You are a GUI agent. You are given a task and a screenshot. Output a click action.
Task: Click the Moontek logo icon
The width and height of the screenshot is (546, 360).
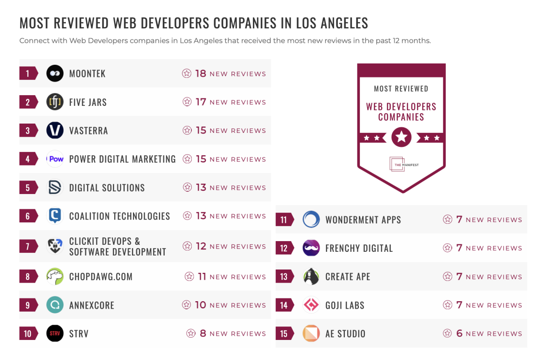coord(55,74)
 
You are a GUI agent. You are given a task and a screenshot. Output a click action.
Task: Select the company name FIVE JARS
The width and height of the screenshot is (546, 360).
coord(88,102)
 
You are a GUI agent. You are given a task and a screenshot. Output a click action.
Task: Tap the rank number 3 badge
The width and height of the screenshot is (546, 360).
coord(28,131)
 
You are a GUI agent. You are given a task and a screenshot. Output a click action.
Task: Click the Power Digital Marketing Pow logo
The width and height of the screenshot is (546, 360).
coord(55,159)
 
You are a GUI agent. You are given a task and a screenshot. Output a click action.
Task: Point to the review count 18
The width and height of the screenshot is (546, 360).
coord(201,74)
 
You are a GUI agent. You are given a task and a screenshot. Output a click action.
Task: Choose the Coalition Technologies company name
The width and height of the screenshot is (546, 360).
coord(119,216)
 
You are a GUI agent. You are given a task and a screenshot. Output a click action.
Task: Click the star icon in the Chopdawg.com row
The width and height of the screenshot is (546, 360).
coord(189,277)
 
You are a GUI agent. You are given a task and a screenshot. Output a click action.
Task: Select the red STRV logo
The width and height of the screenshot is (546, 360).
coord(55,333)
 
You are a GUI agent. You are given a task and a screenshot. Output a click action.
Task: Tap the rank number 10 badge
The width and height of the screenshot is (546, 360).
coord(28,333)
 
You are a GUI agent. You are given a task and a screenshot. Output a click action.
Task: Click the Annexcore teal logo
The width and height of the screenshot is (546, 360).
coord(55,305)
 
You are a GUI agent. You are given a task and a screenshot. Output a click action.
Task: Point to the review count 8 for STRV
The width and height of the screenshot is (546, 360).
coord(203,333)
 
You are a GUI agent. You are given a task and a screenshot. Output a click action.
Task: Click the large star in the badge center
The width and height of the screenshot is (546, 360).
coord(401,138)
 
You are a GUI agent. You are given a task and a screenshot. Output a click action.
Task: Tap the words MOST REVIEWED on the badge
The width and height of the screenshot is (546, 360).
coord(401,89)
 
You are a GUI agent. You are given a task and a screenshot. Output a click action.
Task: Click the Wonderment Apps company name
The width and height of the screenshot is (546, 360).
coord(363,220)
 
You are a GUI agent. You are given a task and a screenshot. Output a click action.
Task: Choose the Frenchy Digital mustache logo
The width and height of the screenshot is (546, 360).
coord(311,248)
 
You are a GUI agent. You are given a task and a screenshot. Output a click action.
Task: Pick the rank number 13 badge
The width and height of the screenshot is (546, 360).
coord(284,277)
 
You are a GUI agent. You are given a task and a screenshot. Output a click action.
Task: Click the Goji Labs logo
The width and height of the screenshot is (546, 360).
coord(311,305)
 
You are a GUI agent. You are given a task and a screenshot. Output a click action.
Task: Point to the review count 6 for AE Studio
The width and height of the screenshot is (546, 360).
coord(459,333)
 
